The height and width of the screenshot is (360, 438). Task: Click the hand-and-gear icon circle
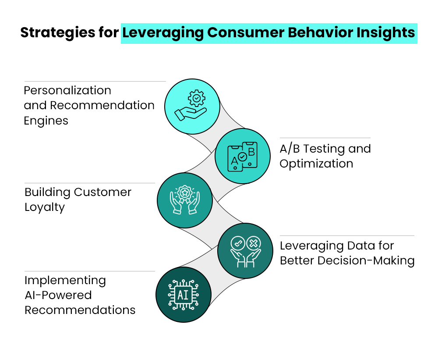tap(192, 106)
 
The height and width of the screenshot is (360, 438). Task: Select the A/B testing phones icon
tap(242, 156)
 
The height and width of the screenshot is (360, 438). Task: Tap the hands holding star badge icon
tap(184, 200)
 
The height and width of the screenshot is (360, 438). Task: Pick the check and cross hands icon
tap(245, 251)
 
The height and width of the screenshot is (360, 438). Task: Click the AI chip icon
tap(183, 295)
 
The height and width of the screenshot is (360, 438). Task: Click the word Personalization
tap(67, 90)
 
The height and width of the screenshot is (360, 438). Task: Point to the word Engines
tap(46, 121)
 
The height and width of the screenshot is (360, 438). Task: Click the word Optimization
tap(316, 164)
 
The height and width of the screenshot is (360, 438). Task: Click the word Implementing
tap(65, 280)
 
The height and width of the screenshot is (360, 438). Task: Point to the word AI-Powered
tap(58, 295)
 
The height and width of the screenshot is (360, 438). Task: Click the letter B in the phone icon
tap(251, 152)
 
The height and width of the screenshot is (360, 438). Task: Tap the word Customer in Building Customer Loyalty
tap(103, 192)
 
